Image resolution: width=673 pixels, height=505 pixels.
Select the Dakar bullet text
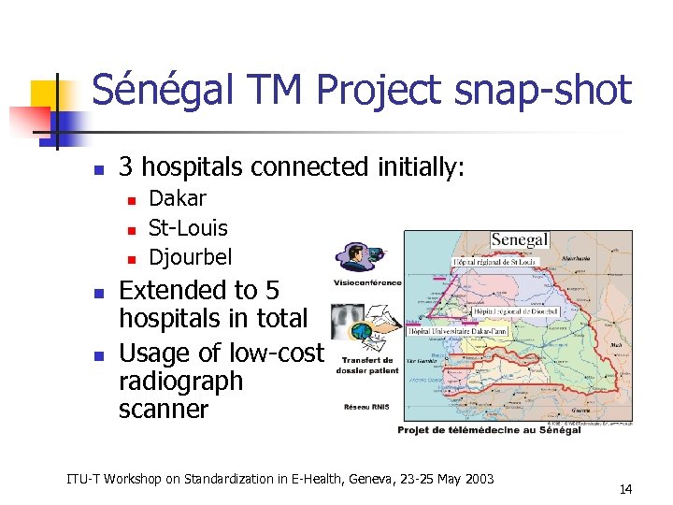coord(178,198)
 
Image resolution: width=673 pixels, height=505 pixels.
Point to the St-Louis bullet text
coord(188,227)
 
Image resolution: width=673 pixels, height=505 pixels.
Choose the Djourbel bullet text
coord(190,257)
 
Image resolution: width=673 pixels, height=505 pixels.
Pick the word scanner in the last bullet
coord(164,409)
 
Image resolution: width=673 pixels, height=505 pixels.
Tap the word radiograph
coord(180,381)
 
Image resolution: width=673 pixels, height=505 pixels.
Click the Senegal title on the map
coord(519,240)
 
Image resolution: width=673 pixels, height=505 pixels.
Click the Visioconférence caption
coord(367,282)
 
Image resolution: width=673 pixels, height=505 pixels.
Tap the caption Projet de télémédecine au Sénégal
coord(489,429)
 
